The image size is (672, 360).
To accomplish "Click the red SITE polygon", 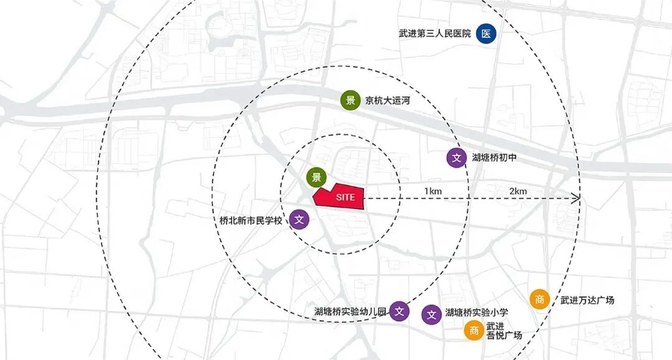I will (341, 197).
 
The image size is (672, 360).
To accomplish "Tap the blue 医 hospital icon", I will (486, 34).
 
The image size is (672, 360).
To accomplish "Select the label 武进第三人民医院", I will (435, 34).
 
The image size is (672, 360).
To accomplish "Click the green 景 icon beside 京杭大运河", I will (350, 100).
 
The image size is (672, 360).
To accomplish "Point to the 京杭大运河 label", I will (388, 100).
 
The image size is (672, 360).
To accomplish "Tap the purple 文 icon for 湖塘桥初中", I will (456, 157).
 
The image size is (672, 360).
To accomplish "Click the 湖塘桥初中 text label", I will (494, 158).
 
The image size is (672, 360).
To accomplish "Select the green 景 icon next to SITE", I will (316, 177).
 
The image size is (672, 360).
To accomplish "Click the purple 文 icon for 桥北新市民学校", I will (299, 219).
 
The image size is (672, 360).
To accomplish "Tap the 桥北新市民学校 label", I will (251, 219).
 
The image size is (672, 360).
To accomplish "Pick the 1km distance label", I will (433, 191).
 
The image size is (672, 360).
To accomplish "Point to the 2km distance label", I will (518, 191).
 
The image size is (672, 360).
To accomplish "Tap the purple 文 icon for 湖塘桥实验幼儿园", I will (400, 312).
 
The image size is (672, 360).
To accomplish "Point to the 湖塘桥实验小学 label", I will (477, 312).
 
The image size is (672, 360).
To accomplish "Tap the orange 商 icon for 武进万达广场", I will (539, 300).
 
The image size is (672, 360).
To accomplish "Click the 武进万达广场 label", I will (587, 300).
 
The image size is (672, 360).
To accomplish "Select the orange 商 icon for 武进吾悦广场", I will (474, 331).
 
